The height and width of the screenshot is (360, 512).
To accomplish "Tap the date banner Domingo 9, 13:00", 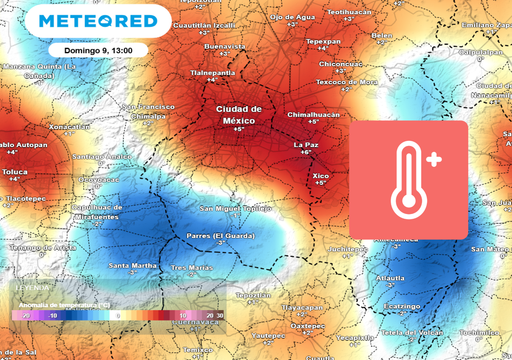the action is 95,49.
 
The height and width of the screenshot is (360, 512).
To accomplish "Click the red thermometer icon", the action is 408,181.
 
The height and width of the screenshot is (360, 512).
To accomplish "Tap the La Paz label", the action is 306,146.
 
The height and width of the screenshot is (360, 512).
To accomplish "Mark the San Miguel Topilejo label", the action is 236,208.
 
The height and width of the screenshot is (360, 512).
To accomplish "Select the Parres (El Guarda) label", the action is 217,234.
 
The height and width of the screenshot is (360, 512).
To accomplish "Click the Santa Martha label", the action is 132,266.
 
